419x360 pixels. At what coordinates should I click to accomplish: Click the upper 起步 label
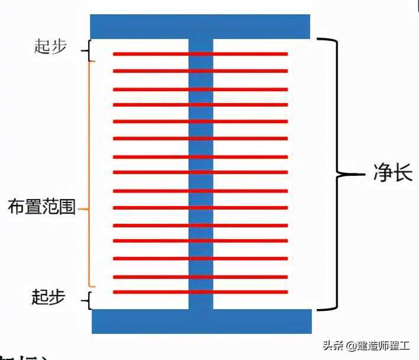pyautogui.click(x=50, y=48)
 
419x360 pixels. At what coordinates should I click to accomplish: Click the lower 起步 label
pyautogui.click(x=47, y=297)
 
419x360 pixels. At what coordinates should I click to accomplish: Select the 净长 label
pyautogui.click(x=392, y=175)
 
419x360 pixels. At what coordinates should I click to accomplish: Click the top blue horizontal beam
pyautogui.click(x=200, y=27)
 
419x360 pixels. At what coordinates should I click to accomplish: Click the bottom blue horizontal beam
pyautogui.click(x=202, y=320)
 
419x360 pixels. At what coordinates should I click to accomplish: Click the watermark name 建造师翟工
pyautogui.click(x=385, y=345)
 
